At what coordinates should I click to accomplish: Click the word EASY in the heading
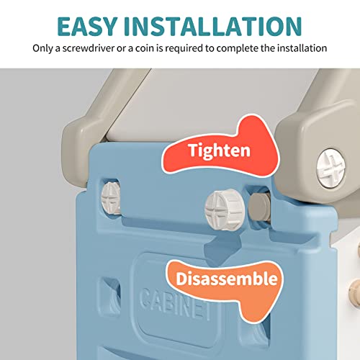pyautogui.click(x=87, y=27)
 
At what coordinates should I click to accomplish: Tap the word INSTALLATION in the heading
pyautogui.click(x=213, y=27)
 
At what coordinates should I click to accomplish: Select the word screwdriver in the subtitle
pyautogui.click(x=89, y=48)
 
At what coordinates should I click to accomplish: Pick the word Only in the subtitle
pyautogui.click(x=42, y=49)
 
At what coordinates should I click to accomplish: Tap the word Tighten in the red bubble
pyautogui.click(x=220, y=150)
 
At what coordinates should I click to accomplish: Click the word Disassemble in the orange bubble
pyautogui.click(x=227, y=279)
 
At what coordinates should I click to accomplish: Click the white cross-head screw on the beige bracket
pyautogui.click(x=330, y=168)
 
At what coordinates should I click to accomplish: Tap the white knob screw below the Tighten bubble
pyautogui.click(x=225, y=210)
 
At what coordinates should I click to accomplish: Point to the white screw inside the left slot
pyautogui.click(x=111, y=198)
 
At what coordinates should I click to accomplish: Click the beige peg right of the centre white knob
pyautogui.click(x=258, y=207)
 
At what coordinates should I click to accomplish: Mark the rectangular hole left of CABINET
pyautogui.click(x=110, y=296)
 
